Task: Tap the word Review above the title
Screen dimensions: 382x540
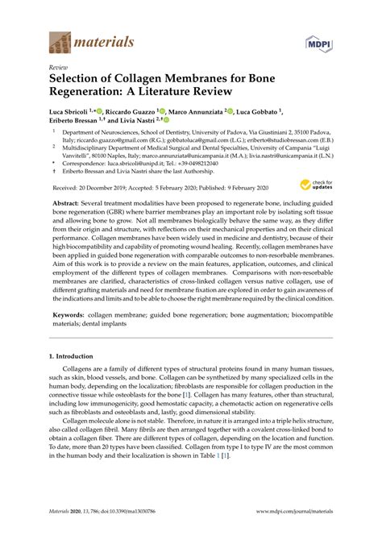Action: [59, 69]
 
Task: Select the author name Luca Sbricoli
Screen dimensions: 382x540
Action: [71, 112]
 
